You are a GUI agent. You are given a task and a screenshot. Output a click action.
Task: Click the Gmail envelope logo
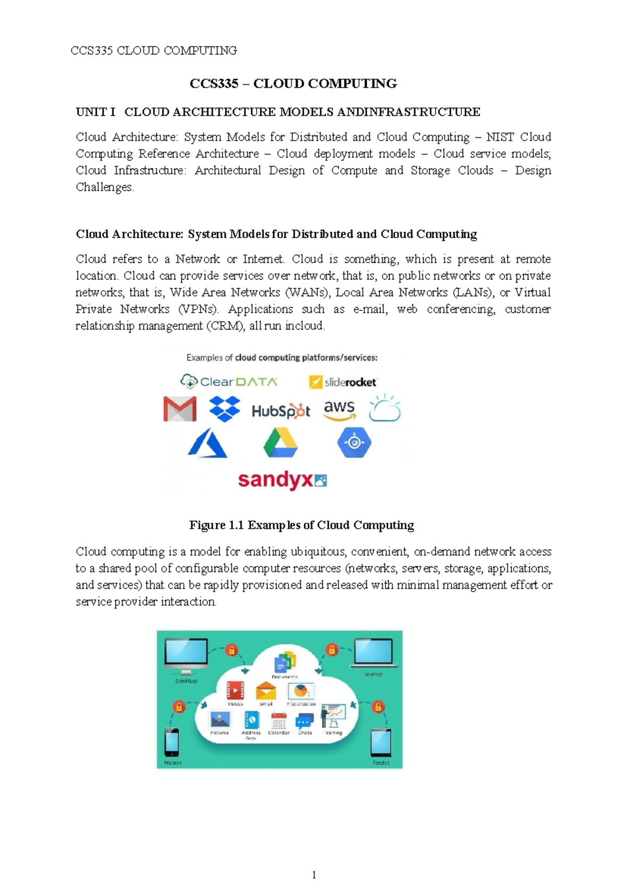pyautogui.click(x=180, y=409)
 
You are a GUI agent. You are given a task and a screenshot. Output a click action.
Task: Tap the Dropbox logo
pyautogui.click(x=225, y=409)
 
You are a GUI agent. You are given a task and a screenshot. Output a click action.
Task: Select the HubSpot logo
pyautogui.click(x=281, y=411)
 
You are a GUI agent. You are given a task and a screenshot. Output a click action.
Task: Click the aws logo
pyautogui.click(x=340, y=409)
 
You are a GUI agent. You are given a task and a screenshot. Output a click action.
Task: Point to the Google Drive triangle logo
pyautogui.click(x=281, y=443)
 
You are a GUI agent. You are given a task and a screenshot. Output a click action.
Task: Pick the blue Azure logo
pyautogui.click(x=207, y=443)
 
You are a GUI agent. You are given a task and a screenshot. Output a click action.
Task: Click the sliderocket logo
pyautogui.click(x=343, y=382)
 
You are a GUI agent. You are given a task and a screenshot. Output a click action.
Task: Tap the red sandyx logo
pyautogui.click(x=282, y=480)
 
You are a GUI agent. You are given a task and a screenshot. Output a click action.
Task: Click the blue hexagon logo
pyautogui.click(x=354, y=442)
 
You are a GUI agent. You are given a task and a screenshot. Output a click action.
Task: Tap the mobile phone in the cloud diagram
pyautogui.click(x=172, y=742)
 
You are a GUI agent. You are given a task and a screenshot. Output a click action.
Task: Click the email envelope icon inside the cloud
pyautogui.click(x=266, y=691)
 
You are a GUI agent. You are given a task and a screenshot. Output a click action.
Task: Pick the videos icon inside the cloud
pyautogui.click(x=235, y=691)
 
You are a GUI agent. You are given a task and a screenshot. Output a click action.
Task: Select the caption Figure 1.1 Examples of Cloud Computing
pyautogui.click(x=301, y=525)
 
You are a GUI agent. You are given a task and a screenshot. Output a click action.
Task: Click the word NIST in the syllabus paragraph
pyautogui.click(x=500, y=137)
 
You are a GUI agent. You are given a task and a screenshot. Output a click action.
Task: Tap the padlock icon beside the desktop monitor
pyautogui.click(x=231, y=650)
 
